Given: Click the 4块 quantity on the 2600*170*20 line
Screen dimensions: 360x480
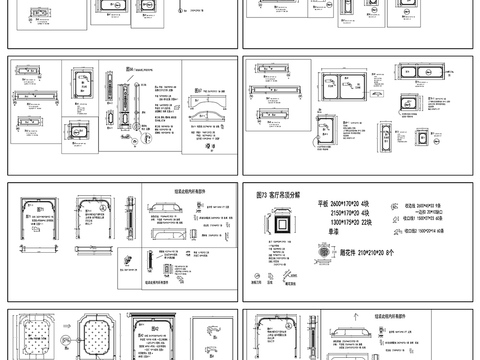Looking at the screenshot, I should (x=366, y=204).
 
